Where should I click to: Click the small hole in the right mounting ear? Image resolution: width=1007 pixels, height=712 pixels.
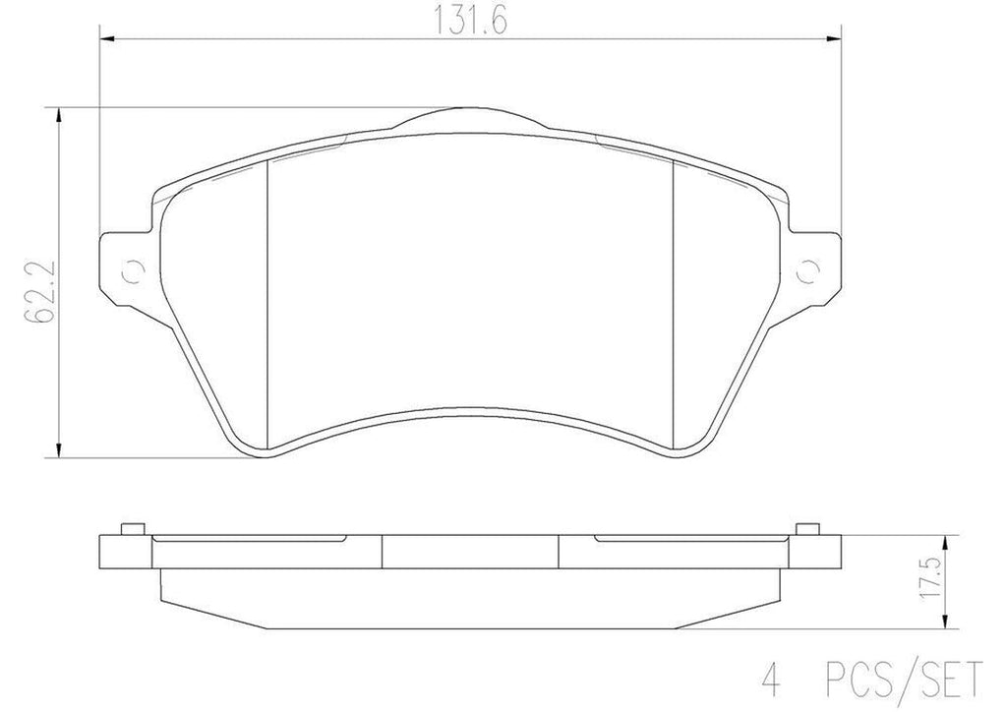(809, 270)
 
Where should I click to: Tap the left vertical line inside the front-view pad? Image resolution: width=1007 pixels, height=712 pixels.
(268, 305)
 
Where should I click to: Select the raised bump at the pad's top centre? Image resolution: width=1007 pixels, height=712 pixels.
(470, 117)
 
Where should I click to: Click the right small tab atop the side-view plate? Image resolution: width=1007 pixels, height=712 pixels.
(807, 528)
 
